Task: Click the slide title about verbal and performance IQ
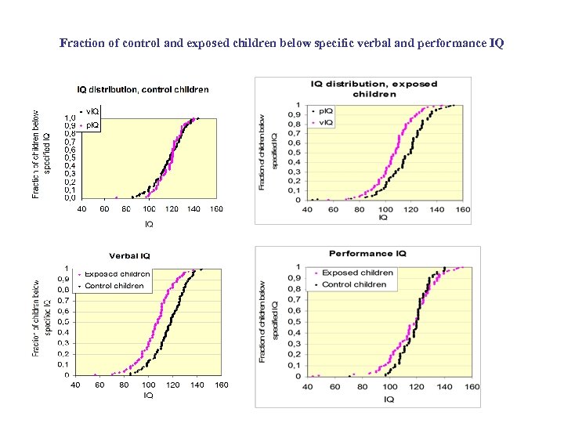[x=282, y=42]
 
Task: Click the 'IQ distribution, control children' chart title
[x=143, y=89]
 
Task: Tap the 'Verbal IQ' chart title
[x=129, y=255]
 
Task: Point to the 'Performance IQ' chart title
[x=367, y=254]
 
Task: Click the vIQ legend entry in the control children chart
[x=90, y=111]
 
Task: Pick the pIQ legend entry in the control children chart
[x=90, y=125]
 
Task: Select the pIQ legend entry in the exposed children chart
[x=324, y=111]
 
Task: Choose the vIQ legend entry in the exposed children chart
[x=324, y=122]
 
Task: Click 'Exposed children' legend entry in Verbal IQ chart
[x=117, y=274]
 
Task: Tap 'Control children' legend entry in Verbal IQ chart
[x=114, y=286]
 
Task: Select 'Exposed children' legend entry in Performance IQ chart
[x=357, y=273]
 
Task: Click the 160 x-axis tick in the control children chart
[x=216, y=209]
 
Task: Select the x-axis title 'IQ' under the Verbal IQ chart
[x=148, y=396]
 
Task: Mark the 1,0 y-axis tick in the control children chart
[x=70, y=117]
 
